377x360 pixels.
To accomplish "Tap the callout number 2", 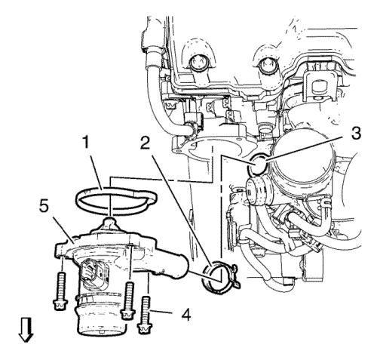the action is point(146,143).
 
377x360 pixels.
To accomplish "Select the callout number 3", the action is point(356,132).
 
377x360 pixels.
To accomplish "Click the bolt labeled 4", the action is point(145,315).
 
